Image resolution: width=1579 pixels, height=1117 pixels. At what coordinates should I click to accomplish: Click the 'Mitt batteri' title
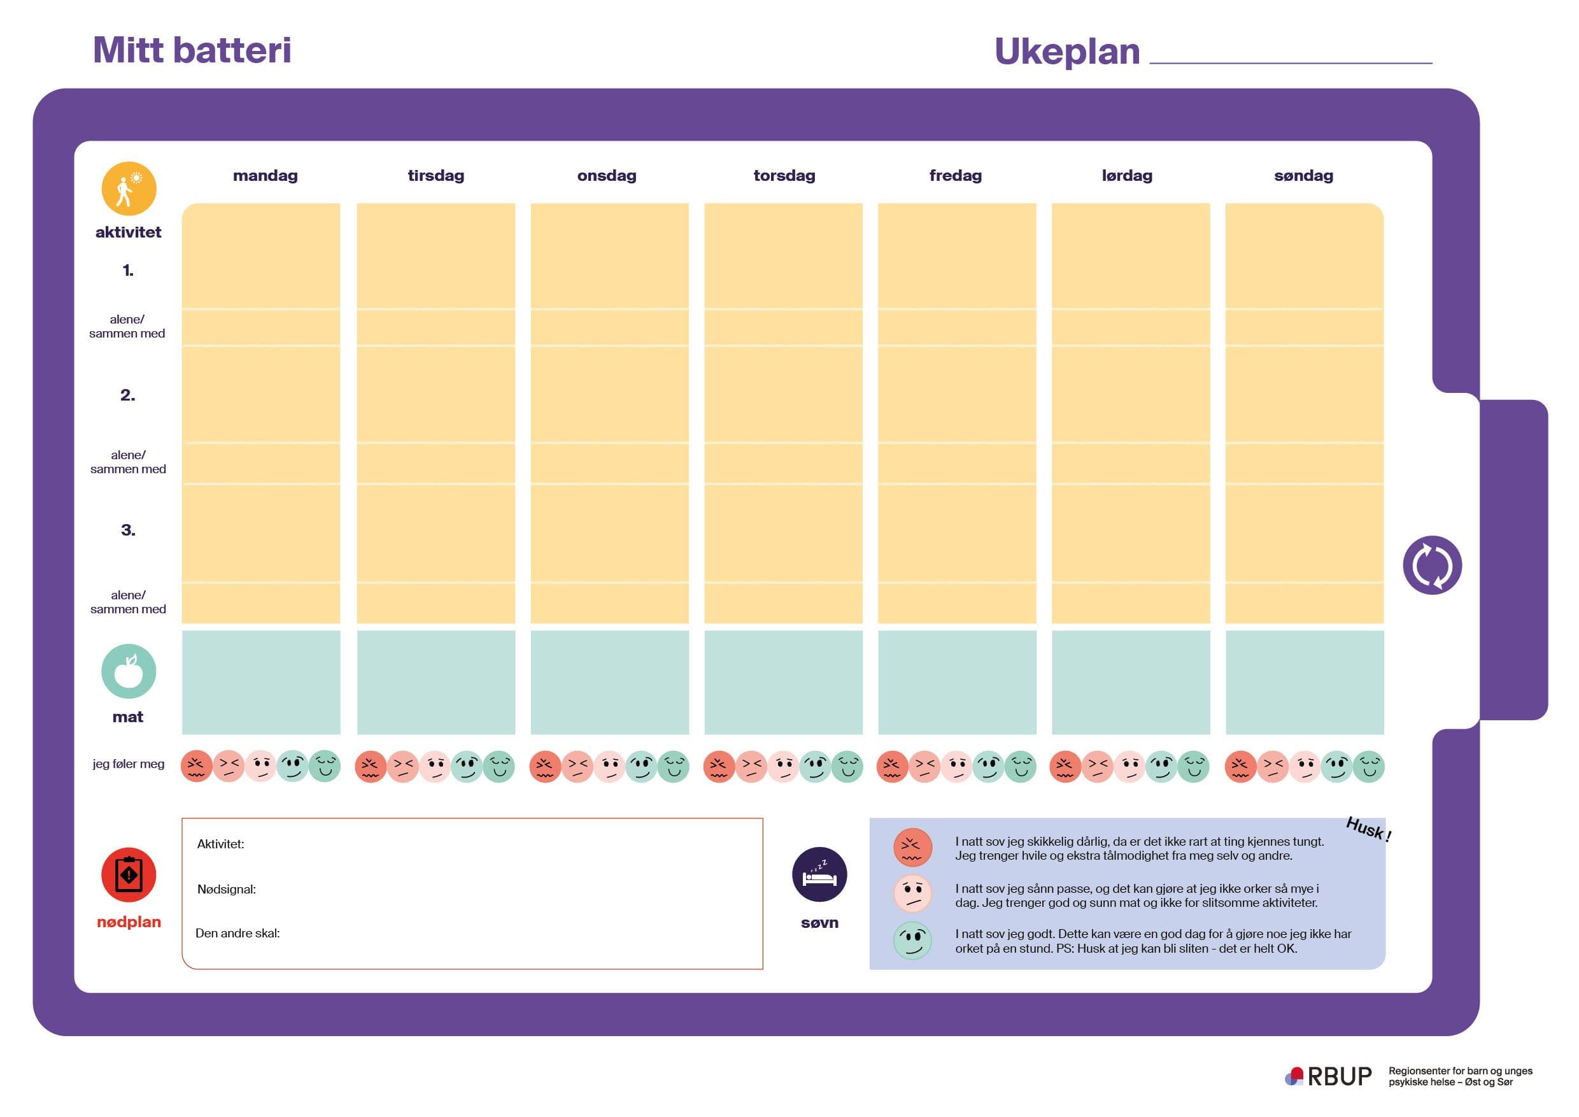[x=192, y=50]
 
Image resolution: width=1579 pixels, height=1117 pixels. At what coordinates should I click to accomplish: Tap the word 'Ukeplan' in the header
[x=1066, y=52]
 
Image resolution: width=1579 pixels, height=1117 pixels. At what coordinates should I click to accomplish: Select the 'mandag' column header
[x=265, y=175]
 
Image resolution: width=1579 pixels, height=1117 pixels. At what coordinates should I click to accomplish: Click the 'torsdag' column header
[x=784, y=175]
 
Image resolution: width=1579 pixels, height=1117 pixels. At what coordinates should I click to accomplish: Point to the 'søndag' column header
[x=1303, y=175]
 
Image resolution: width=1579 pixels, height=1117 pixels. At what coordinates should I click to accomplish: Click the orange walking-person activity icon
[x=129, y=189]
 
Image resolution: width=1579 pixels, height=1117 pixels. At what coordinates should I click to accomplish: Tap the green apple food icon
[x=129, y=671]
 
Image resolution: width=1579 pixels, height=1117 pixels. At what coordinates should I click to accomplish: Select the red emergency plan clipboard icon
[x=129, y=874]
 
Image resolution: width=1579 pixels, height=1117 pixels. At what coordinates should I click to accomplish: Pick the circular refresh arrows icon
[x=1432, y=565]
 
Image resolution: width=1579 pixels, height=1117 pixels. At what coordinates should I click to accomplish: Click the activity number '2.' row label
[x=128, y=395]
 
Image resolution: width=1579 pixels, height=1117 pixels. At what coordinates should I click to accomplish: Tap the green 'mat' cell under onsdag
[x=609, y=682]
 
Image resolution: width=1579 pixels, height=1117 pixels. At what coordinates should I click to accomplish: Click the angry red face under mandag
[x=196, y=766]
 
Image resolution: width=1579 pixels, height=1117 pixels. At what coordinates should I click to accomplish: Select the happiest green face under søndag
[x=1368, y=766]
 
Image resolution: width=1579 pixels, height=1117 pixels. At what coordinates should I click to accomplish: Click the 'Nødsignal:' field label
[x=226, y=890]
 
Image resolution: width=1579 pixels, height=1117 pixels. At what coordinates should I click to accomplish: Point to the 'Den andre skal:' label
[x=237, y=934]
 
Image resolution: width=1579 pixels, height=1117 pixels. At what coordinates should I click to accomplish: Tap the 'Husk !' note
[x=1368, y=829]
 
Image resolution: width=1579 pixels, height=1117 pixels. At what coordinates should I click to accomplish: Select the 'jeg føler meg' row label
[x=129, y=764]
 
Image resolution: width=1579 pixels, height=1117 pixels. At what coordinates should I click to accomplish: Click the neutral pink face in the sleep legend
[x=912, y=893]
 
